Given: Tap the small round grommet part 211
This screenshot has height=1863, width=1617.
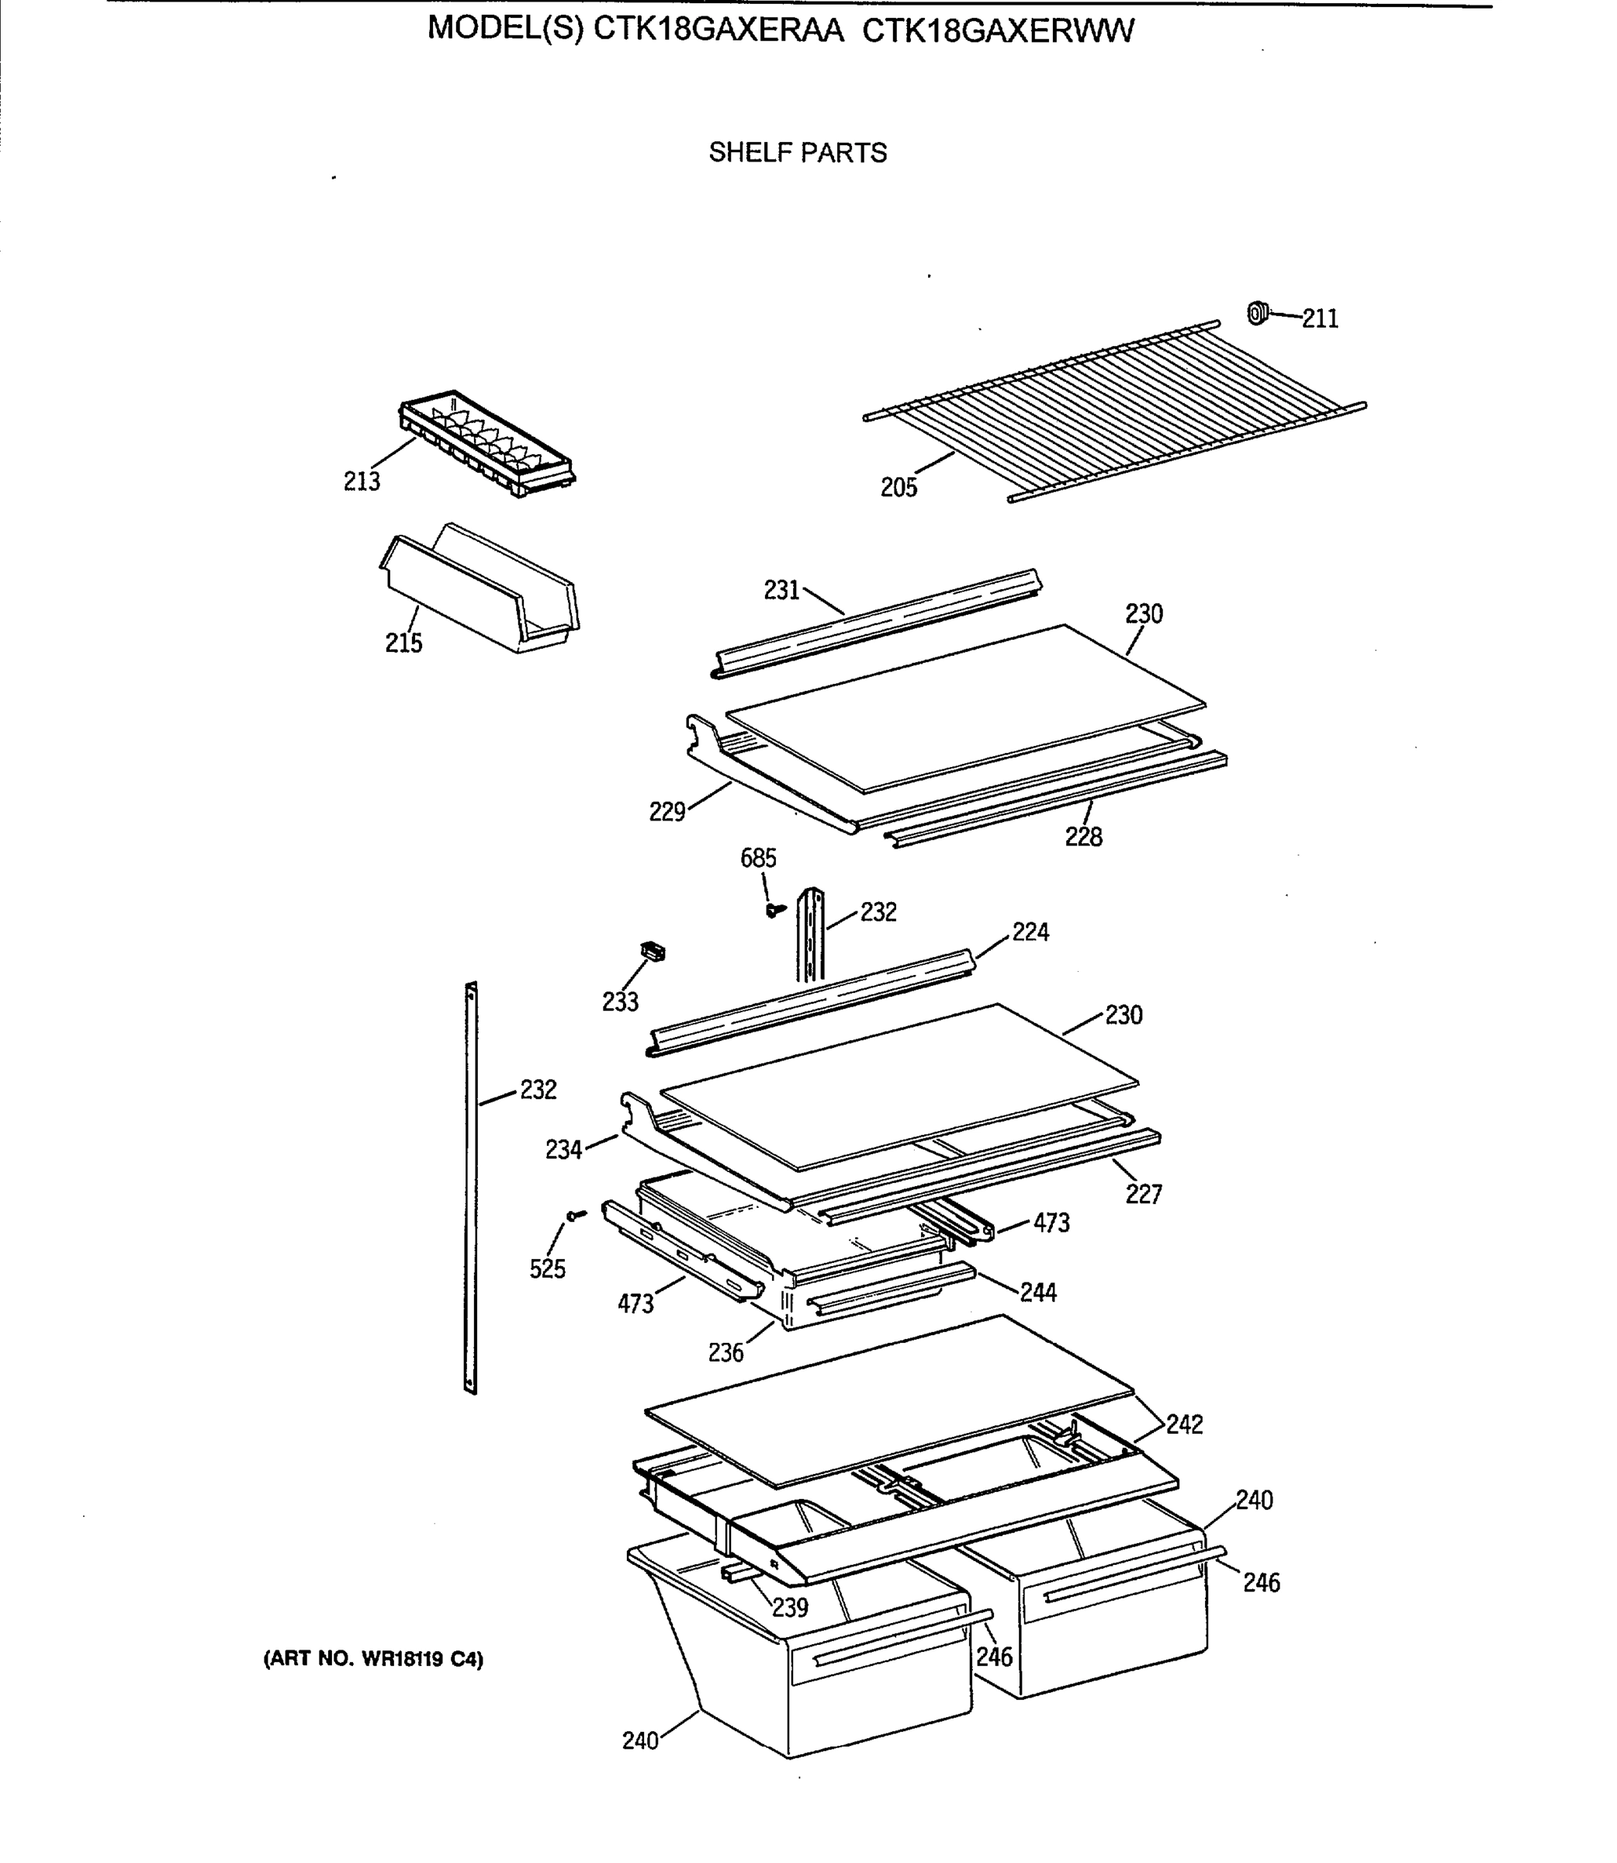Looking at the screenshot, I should (x=1257, y=313).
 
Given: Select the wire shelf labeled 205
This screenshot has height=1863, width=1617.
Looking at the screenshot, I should (x=1110, y=411).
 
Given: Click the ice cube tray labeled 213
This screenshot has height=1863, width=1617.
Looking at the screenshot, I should (x=487, y=446).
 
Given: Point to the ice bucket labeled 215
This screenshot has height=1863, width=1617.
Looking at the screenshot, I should (x=478, y=592).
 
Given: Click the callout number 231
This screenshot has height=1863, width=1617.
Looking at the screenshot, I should (x=781, y=590).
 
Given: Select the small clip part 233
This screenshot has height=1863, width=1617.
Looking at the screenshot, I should (x=653, y=950).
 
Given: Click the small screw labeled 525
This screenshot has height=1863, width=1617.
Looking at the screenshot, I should (x=575, y=1216).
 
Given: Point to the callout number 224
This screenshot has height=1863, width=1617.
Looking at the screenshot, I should (x=1030, y=932).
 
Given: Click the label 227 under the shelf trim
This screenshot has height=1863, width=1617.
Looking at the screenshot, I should (x=1143, y=1194).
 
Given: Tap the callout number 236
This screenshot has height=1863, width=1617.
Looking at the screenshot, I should (x=725, y=1352).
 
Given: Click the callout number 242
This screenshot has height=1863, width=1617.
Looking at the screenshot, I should (x=1184, y=1424).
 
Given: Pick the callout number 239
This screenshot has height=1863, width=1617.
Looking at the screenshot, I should (x=790, y=1607).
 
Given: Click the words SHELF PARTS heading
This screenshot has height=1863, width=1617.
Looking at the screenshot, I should (x=798, y=153).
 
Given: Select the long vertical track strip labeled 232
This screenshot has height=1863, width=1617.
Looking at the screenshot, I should (x=470, y=1187).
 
